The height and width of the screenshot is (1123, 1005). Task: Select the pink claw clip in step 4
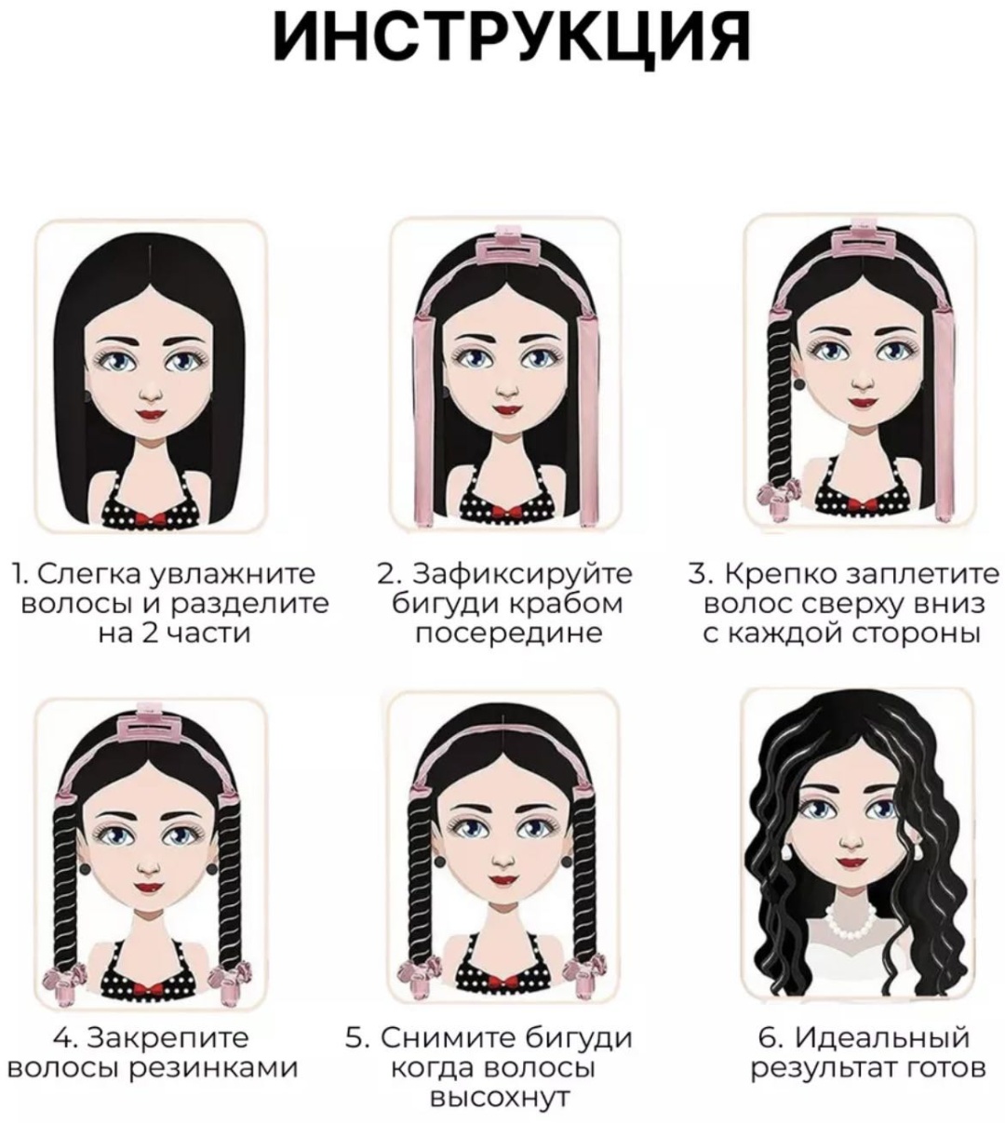(150, 726)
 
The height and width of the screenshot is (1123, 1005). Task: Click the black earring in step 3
(798, 383)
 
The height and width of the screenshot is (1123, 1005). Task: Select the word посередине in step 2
(509, 634)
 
